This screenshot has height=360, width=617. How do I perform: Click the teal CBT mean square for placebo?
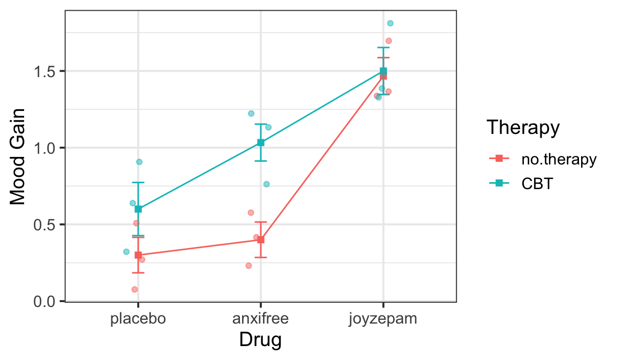click(138, 209)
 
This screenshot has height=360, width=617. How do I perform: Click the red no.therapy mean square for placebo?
click(138, 255)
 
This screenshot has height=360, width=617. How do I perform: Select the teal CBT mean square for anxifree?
click(261, 142)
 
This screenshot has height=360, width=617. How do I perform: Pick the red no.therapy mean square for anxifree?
click(261, 239)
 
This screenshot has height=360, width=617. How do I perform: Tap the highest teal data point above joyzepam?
click(390, 23)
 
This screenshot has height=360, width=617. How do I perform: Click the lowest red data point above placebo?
click(134, 289)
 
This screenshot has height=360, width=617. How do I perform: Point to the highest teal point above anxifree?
click(251, 114)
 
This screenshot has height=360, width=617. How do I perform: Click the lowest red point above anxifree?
click(249, 266)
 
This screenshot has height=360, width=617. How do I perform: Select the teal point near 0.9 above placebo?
click(139, 162)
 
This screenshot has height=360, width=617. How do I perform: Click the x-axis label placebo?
click(138, 319)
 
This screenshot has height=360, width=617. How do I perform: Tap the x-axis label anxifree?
click(261, 319)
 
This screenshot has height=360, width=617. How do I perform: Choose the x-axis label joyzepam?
click(383, 319)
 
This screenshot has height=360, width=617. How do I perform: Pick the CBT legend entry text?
click(537, 183)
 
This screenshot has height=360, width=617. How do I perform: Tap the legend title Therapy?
click(523, 128)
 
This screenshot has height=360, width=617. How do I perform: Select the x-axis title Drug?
click(260, 340)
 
